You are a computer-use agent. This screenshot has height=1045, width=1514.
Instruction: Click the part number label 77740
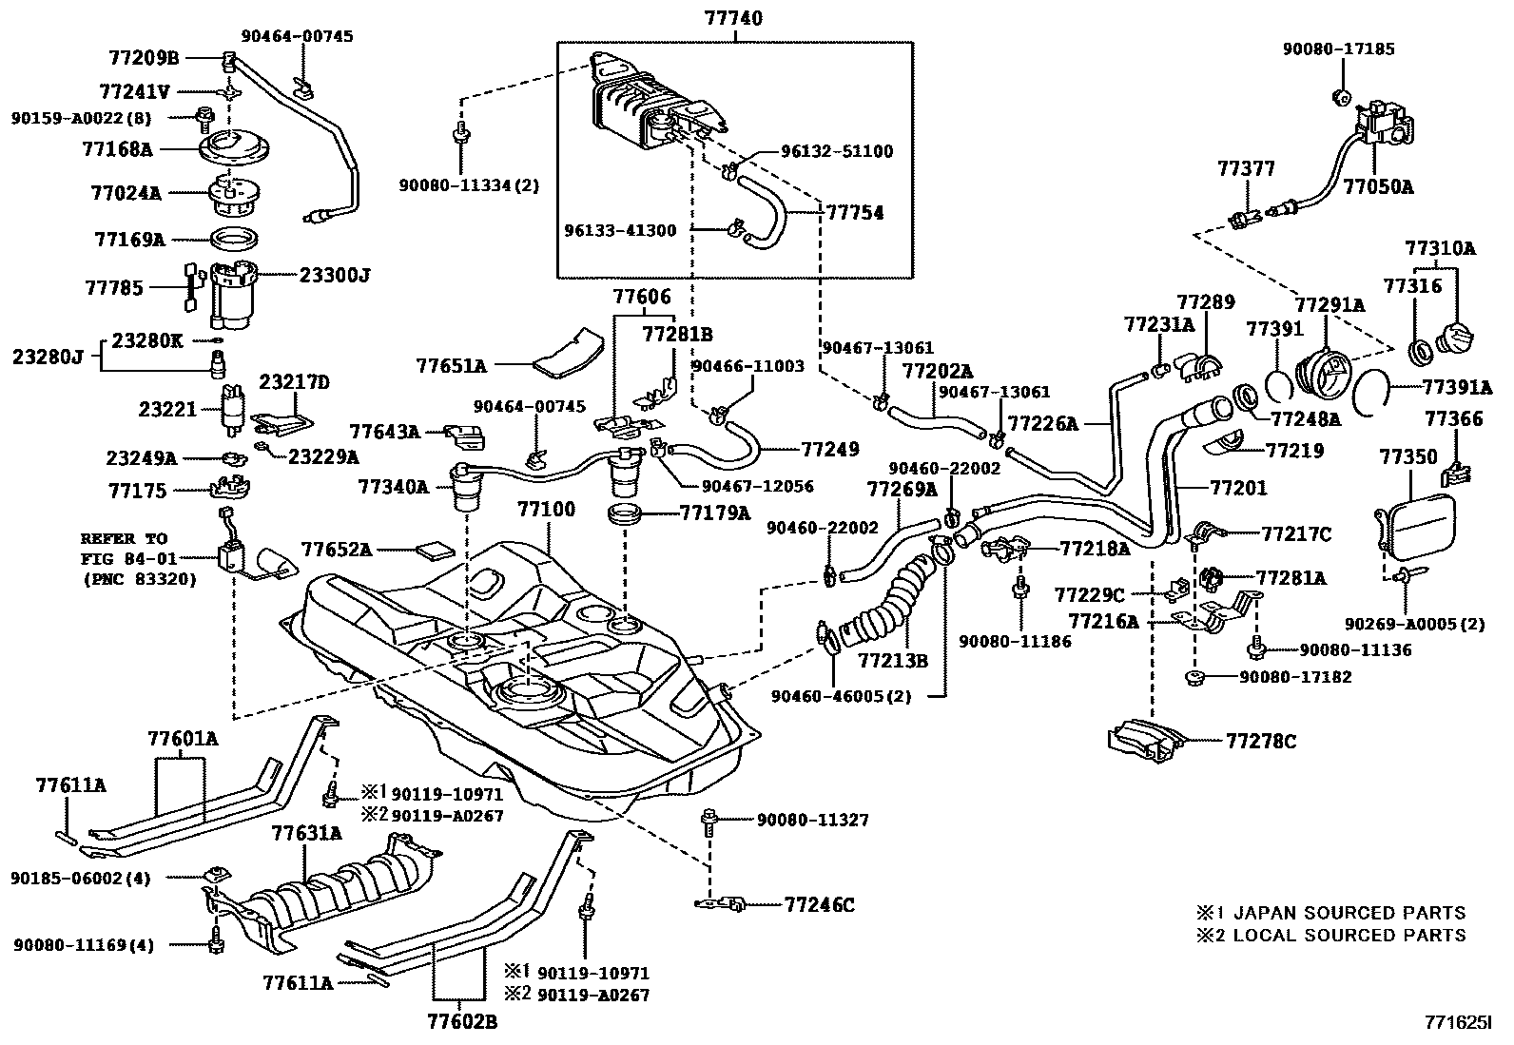(734, 18)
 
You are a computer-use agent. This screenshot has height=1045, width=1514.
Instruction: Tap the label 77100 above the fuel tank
(546, 509)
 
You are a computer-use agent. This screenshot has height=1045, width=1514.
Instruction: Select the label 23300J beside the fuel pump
(334, 275)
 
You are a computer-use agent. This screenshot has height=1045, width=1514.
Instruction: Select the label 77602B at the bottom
(462, 1022)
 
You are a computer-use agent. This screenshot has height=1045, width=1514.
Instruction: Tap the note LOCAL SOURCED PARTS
(1349, 935)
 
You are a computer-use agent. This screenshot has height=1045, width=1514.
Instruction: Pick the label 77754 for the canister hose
(853, 212)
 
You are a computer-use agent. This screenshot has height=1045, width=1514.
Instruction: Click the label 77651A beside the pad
(450, 364)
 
